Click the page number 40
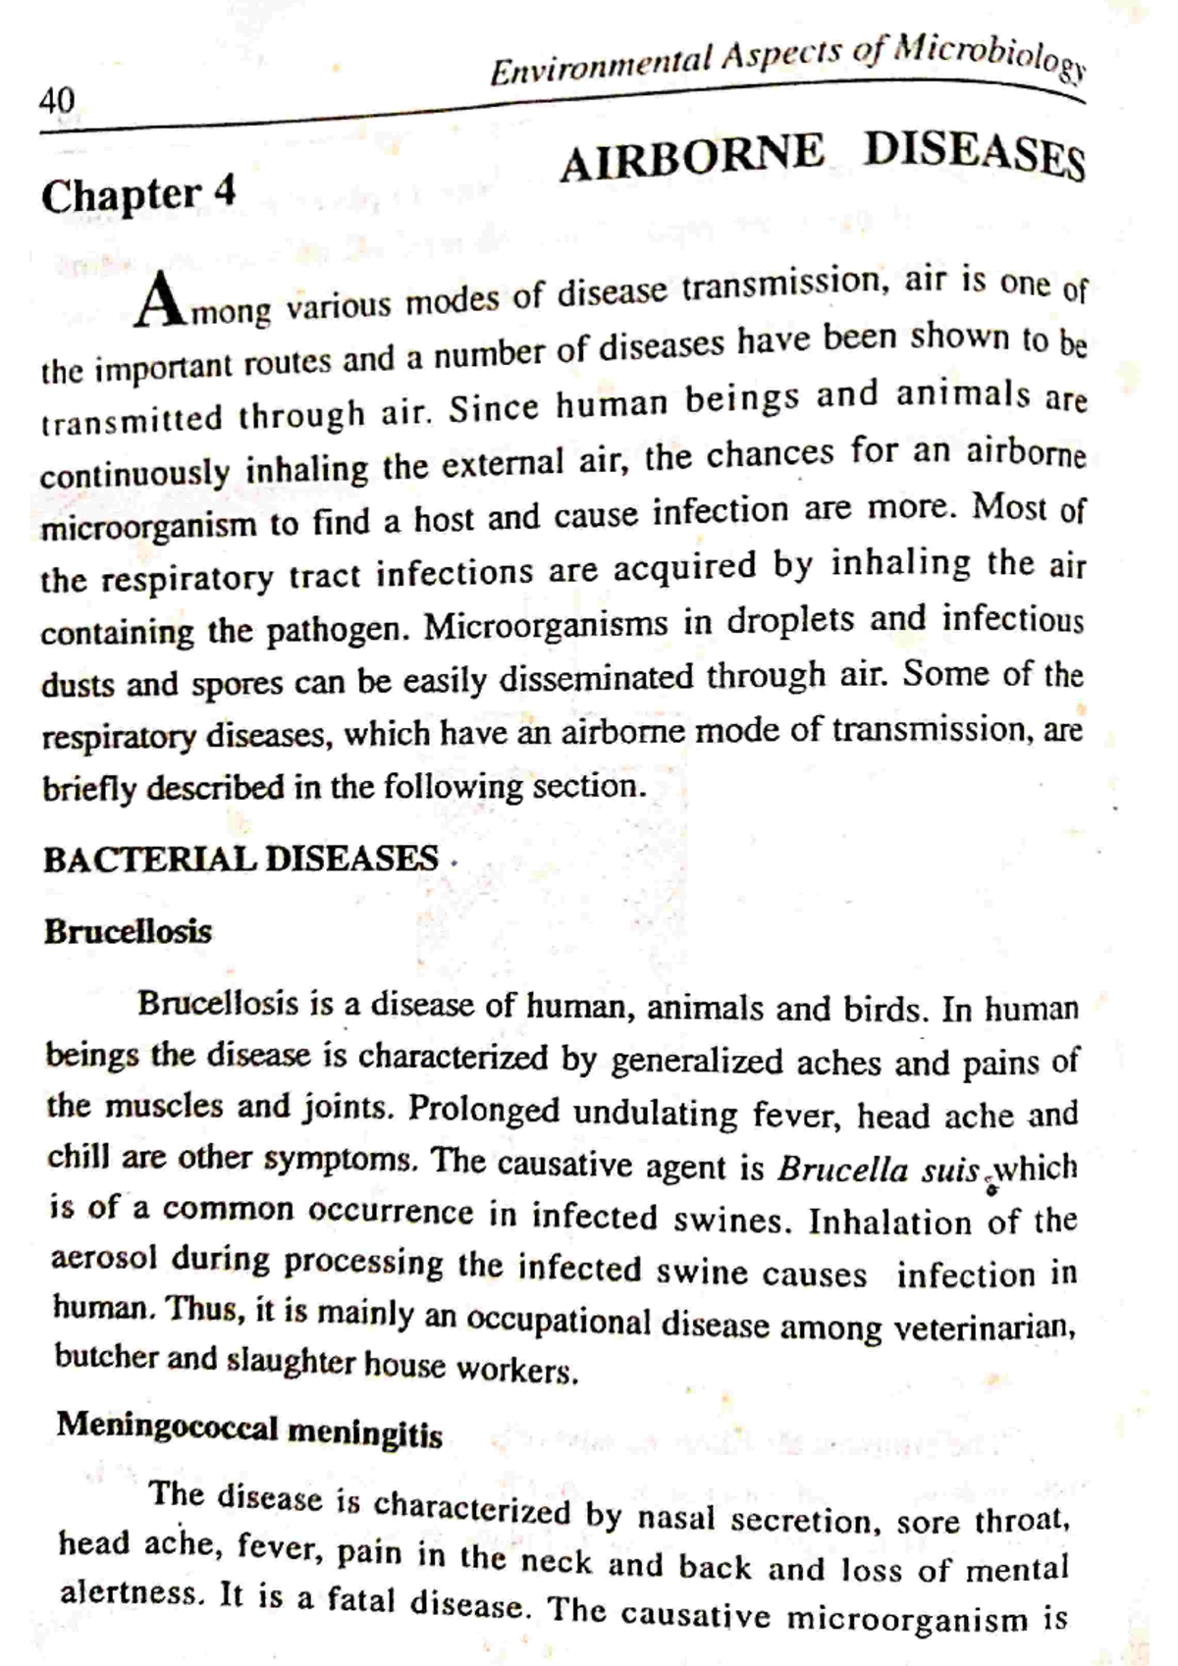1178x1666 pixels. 57,100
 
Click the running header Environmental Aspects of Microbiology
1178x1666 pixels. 785,61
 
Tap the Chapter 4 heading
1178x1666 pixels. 138,193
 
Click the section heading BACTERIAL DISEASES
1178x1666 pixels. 241,859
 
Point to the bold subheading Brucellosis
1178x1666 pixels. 128,931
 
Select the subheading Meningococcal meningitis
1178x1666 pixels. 249,1431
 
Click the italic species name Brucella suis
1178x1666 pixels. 879,1170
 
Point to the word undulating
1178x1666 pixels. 655,1114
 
